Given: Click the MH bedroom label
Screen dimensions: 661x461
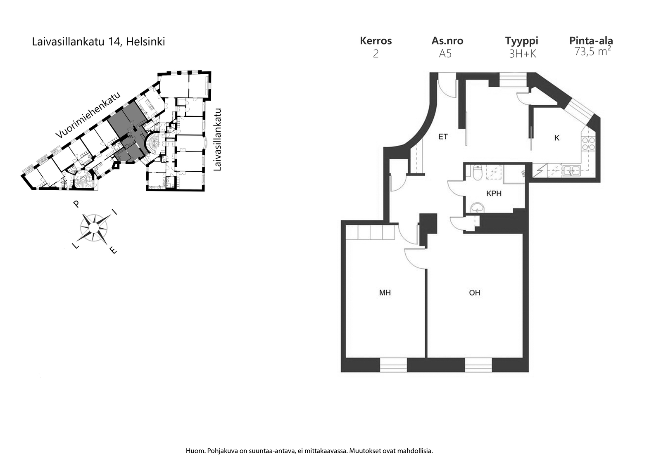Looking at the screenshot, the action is [385, 292].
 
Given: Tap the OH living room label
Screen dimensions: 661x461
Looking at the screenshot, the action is [475, 292].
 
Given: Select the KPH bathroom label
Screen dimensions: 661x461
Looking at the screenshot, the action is [494, 194].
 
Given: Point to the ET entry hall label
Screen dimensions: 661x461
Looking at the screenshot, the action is [443, 137].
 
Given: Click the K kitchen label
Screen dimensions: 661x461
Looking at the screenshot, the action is [557, 138].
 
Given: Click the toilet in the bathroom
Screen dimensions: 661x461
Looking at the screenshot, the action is [477, 173].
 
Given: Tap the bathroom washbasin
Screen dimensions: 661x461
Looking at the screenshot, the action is [477, 208].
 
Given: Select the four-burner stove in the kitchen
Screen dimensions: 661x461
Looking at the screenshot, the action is [588, 144].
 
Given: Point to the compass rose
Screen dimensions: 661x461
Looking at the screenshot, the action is [94, 228].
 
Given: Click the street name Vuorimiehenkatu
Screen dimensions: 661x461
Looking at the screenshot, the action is [88, 115].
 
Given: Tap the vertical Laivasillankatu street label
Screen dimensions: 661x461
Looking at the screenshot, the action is [217, 140].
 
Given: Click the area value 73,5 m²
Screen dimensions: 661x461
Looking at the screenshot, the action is [592, 52].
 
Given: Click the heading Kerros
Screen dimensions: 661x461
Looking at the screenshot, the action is [376, 41].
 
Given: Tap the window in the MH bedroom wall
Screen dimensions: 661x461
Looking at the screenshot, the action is [393, 364].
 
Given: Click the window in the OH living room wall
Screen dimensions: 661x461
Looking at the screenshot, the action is [478, 364].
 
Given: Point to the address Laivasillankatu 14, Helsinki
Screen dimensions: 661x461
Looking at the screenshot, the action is [98, 42].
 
